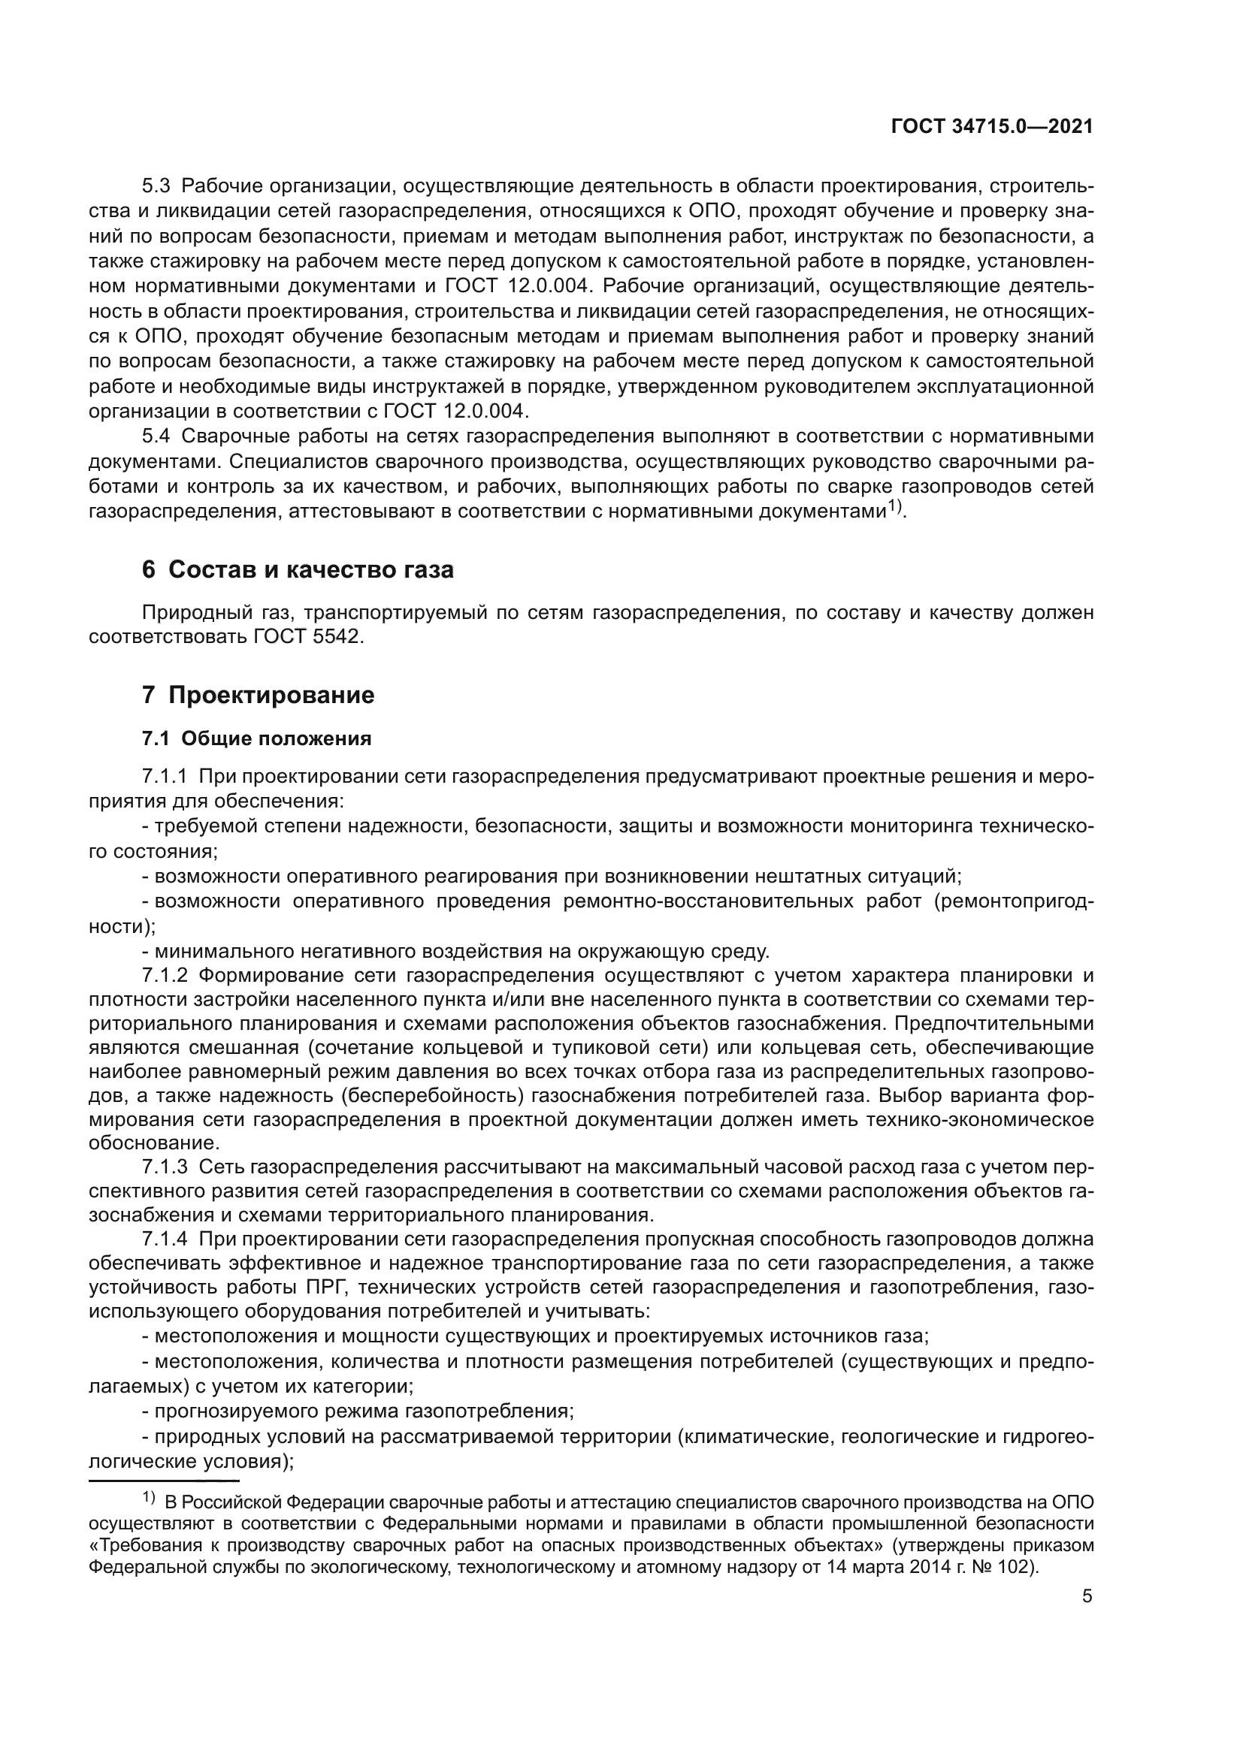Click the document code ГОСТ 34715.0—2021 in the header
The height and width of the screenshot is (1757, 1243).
992,127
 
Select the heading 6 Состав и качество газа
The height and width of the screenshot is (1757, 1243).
298,570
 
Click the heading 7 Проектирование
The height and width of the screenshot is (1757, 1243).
258,695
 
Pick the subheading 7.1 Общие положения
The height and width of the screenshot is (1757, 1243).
256,738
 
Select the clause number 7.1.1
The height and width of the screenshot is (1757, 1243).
165,777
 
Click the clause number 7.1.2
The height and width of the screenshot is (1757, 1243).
165,976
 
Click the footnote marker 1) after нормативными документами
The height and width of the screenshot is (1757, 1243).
896,506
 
